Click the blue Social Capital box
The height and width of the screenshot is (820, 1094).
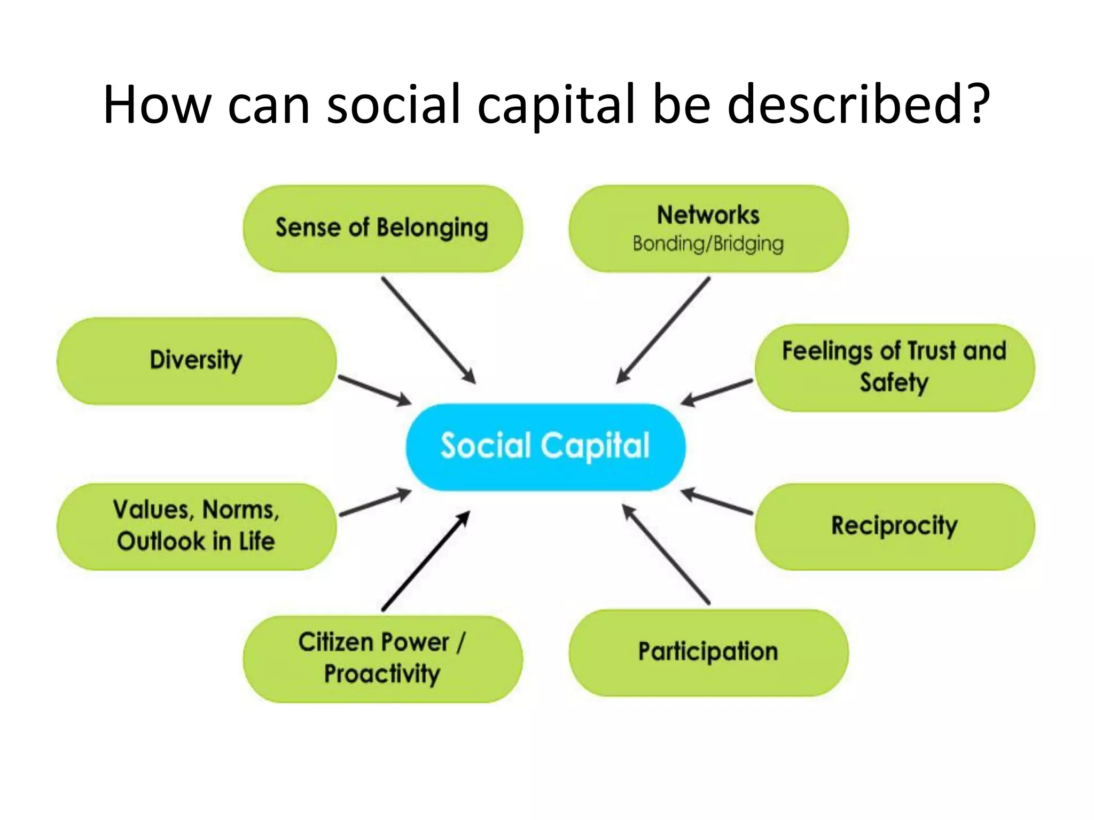(x=545, y=447)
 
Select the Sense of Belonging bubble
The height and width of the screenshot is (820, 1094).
(x=382, y=228)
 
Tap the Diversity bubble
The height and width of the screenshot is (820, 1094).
(x=197, y=360)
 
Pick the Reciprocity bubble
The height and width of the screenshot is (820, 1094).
(x=895, y=526)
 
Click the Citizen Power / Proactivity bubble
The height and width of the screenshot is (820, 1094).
(x=382, y=659)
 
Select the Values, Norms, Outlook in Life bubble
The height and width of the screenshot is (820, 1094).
(x=197, y=526)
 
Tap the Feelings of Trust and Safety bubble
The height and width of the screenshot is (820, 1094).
(x=895, y=367)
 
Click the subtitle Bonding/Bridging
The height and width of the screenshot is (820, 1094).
(x=708, y=244)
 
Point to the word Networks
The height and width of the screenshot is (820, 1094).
(x=708, y=215)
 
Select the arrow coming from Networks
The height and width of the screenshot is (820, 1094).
(x=663, y=330)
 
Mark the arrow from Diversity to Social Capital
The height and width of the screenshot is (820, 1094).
(x=374, y=390)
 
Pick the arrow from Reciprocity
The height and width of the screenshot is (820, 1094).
(x=717, y=502)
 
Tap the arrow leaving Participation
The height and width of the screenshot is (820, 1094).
(x=666, y=554)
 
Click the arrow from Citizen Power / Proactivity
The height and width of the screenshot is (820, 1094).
(x=426, y=561)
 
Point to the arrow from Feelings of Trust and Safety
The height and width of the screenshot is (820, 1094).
(x=717, y=392)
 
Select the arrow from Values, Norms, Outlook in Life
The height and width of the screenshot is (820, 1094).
(x=375, y=503)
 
